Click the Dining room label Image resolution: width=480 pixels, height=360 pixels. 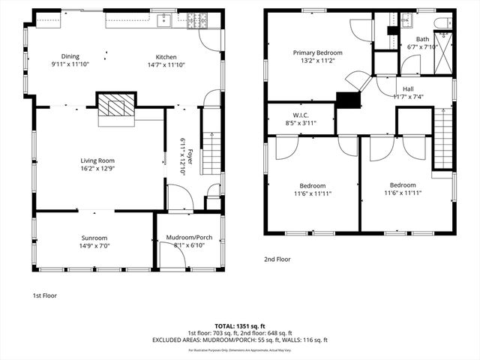pyautogui.click(x=70, y=57)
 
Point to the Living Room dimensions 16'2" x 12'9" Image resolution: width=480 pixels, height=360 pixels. pyautogui.click(x=98, y=169)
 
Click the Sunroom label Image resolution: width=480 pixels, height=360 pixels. pyautogui.click(x=94, y=237)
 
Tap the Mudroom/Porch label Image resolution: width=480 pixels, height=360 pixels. pyautogui.click(x=188, y=238)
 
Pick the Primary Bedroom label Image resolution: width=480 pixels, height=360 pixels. pyautogui.click(x=317, y=52)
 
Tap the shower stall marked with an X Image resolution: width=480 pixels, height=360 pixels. pyautogui.click(x=445, y=49)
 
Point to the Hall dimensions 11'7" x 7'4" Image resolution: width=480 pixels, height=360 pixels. pyautogui.click(x=408, y=97)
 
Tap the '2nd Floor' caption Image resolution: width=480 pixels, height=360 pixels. pyautogui.click(x=277, y=259)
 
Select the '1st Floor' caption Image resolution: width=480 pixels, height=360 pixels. pyautogui.click(x=45, y=295)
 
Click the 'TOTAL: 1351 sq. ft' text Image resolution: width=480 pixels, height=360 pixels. pyautogui.click(x=239, y=326)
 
